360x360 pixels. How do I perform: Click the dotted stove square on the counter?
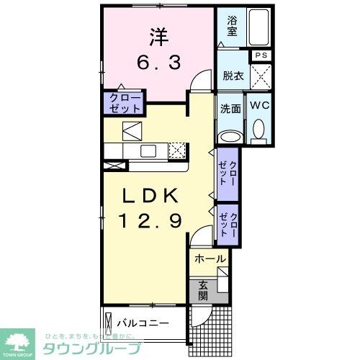pos(177,150)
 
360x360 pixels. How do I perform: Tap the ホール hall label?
pos(210,258)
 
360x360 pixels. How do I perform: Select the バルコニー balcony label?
pos(143,321)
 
